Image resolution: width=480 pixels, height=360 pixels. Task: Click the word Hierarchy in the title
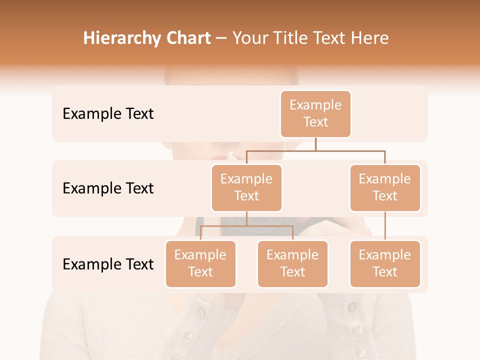[122, 38]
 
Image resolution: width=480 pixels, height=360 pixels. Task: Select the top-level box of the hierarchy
[315, 114]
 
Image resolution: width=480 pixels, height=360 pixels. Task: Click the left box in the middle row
[246, 187]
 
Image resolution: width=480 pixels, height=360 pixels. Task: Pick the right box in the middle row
[385, 187]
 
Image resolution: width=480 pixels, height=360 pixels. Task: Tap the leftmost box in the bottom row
[200, 263]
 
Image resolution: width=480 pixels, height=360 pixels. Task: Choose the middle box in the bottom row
[292, 263]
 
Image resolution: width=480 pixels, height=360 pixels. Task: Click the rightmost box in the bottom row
[385, 263]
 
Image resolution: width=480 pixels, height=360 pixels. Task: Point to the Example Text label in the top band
[108, 114]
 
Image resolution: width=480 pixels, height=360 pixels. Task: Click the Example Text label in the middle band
[108, 188]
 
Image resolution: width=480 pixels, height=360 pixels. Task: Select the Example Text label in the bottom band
[108, 264]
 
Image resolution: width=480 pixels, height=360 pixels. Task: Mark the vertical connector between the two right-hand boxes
[385, 226]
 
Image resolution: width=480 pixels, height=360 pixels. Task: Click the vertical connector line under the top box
[315, 144]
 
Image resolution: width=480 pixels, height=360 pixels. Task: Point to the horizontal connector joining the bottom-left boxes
[246, 226]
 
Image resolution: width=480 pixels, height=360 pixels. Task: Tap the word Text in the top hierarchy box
[315, 122]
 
